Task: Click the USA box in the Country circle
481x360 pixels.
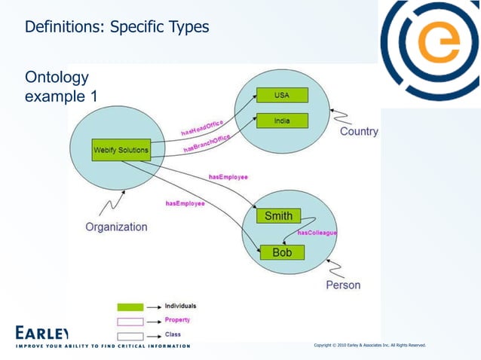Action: tap(281, 96)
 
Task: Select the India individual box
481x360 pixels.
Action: tap(281, 121)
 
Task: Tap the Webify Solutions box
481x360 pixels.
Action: tap(120, 150)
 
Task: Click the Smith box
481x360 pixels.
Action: tap(278, 216)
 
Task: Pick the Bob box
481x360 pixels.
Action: tap(281, 252)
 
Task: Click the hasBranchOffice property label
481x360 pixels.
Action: tap(207, 143)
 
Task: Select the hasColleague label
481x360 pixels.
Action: tap(317, 233)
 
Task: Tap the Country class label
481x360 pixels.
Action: tap(359, 132)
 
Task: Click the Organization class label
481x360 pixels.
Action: tap(116, 227)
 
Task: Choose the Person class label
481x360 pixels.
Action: tap(343, 285)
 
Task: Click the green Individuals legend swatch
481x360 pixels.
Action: tap(130, 307)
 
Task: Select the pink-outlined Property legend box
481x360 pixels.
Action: tap(130, 321)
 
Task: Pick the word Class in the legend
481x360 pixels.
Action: tap(173, 334)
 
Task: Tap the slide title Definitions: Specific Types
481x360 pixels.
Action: tap(117, 28)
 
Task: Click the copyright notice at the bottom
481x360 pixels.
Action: tap(369, 345)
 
